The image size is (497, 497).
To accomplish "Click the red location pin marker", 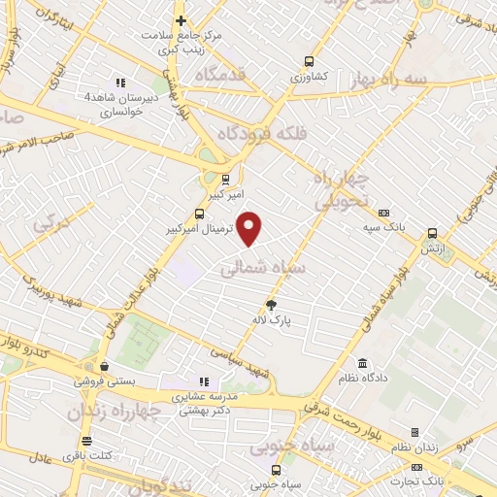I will tap(250, 228).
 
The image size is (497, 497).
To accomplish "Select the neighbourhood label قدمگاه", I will tap(220, 74).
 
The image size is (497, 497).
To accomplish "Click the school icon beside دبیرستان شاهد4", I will tap(120, 83).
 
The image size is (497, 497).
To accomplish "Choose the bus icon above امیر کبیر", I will tap(225, 179).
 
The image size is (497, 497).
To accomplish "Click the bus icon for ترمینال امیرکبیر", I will tap(200, 214).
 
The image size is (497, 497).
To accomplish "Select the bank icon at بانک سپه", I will tap(383, 214).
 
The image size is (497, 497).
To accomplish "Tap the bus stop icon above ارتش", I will tap(431, 233).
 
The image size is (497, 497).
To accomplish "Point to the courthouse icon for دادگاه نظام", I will tap(363, 362).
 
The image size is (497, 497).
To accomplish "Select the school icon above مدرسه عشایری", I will tap(204, 381).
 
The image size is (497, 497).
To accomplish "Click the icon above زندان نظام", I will tap(414, 432).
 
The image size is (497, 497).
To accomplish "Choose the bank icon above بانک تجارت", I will tap(427, 468).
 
